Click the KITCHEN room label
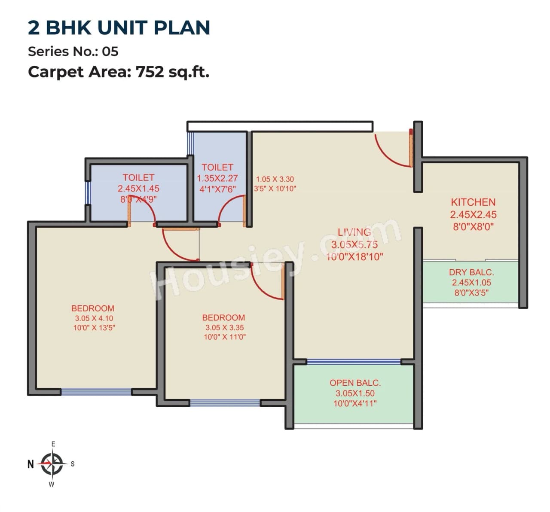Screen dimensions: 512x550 473,202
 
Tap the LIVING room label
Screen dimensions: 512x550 354,232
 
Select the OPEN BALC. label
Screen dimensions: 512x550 355,383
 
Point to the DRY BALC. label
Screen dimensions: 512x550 471,272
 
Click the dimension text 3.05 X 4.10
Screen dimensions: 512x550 94,318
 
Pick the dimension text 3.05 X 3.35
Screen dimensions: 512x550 224,327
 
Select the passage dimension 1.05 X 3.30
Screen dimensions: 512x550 275,179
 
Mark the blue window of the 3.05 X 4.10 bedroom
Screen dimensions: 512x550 96,392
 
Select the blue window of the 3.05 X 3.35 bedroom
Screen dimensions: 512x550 225,403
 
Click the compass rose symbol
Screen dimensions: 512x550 52,464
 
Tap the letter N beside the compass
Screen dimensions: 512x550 31,464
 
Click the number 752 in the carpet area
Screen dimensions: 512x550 150,72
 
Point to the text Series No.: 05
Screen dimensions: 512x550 73,52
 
